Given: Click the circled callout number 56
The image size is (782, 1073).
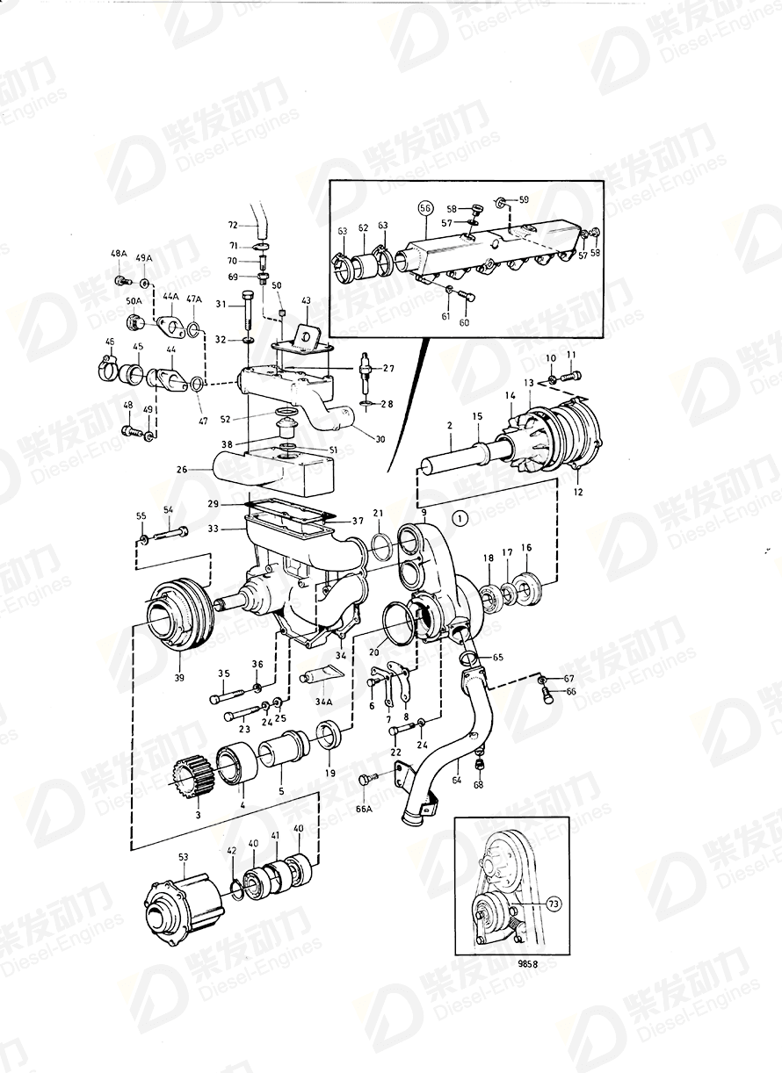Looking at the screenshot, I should click(425, 208).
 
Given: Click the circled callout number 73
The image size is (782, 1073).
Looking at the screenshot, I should click(553, 902).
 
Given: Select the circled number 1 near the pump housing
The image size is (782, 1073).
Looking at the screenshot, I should click(460, 518).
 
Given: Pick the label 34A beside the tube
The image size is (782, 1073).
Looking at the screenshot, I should click(324, 702).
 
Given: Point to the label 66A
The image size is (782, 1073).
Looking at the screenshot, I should click(364, 810).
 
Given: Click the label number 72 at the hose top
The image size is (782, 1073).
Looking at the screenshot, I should click(233, 226).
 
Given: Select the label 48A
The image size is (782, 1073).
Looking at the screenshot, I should click(119, 255).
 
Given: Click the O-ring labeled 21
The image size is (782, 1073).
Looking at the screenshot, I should click(379, 546).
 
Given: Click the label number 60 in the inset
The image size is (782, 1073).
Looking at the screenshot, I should click(464, 322).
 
